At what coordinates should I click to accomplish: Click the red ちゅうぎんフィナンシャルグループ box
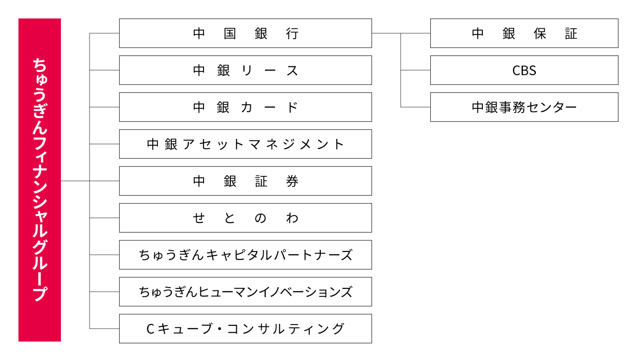pos(40,180)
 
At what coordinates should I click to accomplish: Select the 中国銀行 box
pos(246,33)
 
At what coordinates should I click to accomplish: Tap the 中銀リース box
pos(246,70)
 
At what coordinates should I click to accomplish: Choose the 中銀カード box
pos(246,107)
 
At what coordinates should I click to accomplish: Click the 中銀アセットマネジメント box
pos(246,144)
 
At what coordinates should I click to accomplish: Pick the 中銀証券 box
pos(246,181)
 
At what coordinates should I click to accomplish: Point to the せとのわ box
pos(246,218)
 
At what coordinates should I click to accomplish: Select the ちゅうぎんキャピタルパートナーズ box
pos(246,255)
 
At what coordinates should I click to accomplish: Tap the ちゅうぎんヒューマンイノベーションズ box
pos(246,292)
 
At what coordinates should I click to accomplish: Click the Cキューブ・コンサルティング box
pos(246,329)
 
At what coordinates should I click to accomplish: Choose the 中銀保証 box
pos(524,33)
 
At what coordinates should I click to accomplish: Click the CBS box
pos(524,70)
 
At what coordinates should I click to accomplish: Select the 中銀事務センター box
pos(524,107)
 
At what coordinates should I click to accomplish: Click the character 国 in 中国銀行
pos(230,34)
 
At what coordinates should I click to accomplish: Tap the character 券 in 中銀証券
pos(292,181)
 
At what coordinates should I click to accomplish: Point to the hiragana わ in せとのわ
pos(292,218)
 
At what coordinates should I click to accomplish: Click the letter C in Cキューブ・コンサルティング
pos(150,329)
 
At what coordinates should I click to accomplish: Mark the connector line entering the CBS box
pos(415,70)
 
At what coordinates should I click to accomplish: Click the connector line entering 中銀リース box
pos(104,70)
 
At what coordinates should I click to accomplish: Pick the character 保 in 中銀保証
pos(540,34)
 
